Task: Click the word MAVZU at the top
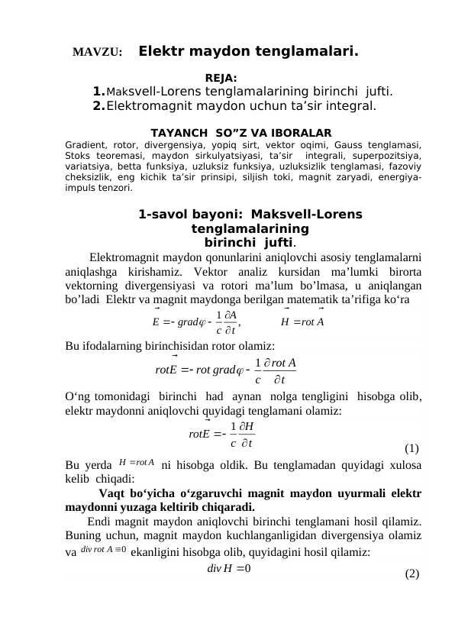[x=97, y=53]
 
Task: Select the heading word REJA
[x=221, y=77]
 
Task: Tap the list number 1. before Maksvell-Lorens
[x=98, y=93]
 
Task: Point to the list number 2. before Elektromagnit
[x=98, y=108]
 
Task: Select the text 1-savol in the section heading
[x=163, y=215]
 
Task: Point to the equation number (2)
[x=412, y=574]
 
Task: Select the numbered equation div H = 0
[x=230, y=567]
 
